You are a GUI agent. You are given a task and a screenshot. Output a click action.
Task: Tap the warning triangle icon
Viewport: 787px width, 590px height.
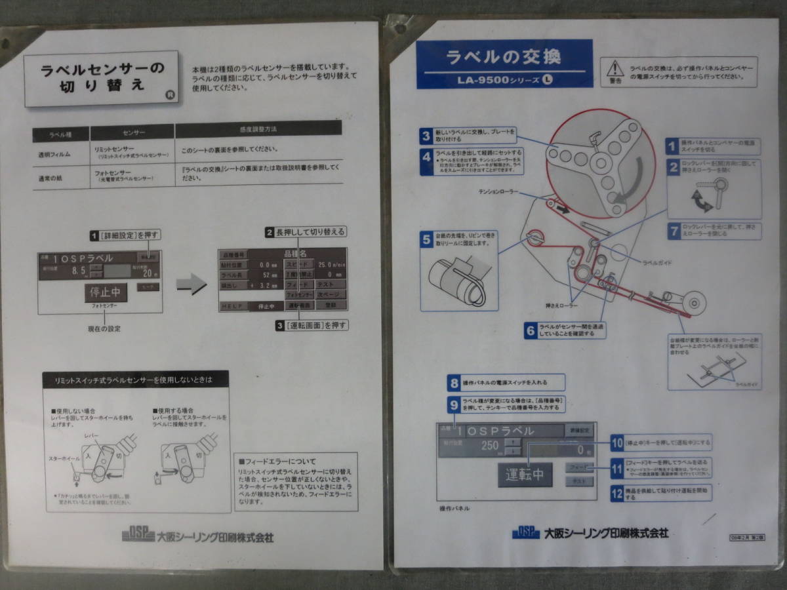pos(615,68)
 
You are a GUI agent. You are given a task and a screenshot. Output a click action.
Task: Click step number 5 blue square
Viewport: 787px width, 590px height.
pos(427,240)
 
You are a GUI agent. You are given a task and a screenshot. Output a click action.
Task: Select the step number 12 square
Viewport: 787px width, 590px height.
pos(616,493)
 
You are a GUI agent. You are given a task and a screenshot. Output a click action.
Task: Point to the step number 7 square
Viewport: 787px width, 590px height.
pos(673,230)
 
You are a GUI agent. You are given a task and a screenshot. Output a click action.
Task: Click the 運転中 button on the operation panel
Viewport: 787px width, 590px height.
pos(525,474)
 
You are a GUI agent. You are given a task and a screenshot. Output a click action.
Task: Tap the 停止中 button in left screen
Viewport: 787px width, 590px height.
pos(106,293)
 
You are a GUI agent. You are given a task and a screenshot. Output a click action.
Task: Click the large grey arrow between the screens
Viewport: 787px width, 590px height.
pos(192,285)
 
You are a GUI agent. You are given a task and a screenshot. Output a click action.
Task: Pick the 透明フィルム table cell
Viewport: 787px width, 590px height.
pos(54,155)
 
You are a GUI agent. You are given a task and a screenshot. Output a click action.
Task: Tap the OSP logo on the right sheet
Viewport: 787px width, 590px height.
pos(525,532)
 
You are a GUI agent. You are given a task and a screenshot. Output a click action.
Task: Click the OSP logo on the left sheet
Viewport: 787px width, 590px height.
pos(138,535)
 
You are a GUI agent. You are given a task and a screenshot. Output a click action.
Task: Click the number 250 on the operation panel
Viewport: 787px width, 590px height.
pos(490,445)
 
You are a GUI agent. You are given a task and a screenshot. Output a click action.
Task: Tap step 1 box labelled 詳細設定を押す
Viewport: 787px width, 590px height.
pos(125,235)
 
